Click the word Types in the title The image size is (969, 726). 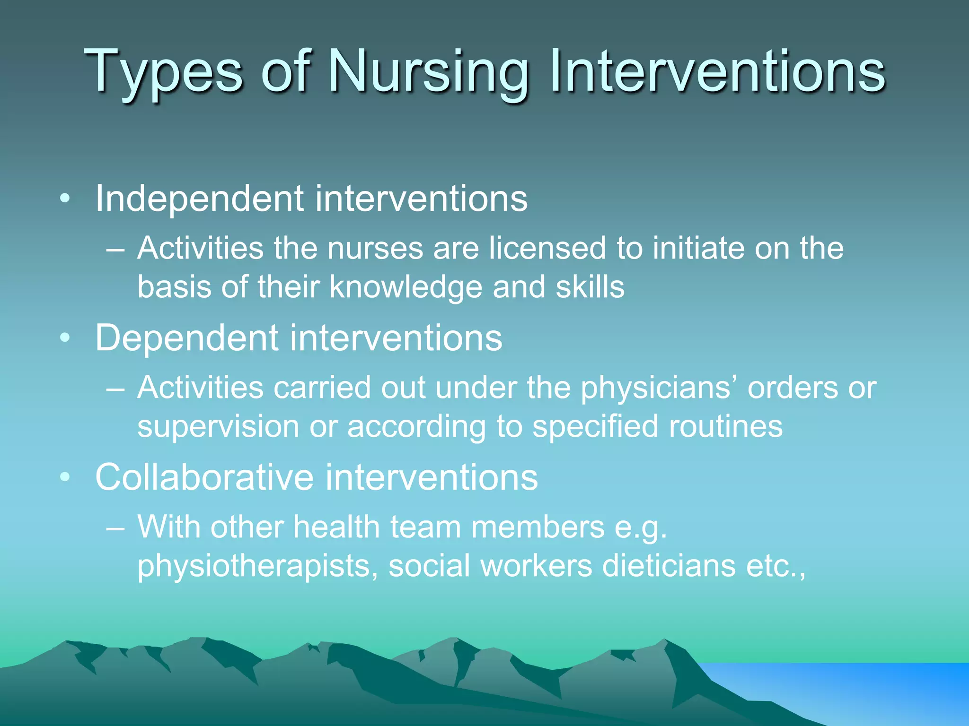pyautogui.click(x=163, y=72)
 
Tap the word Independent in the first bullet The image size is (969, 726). pyautogui.click(x=199, y=199)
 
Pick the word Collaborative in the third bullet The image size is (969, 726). pyautogui.click(x=204, y=477)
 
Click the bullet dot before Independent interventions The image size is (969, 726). pyautogui.click(x=65, y=199)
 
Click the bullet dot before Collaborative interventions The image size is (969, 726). pyautogui.click(x=65, y=477)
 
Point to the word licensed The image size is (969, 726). pyautogui.click(x=547, y=248)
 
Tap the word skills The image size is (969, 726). pyautogui.click(x=590, y=287)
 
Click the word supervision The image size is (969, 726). pyautogui.click(x=218, y=426)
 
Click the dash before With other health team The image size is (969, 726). pyautogui.click(x=115, y=528)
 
